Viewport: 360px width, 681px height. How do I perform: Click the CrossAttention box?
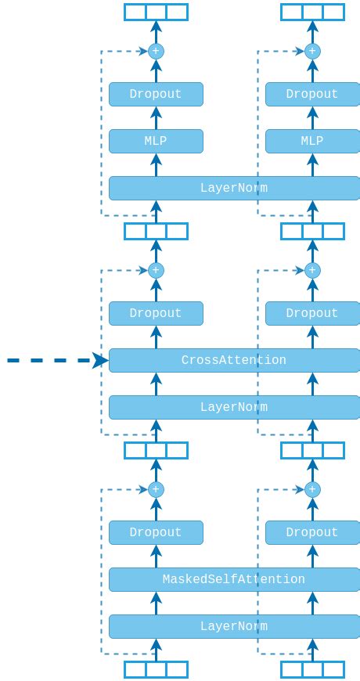pos(233,360)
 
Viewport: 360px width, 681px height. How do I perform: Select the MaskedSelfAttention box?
pos(233,579)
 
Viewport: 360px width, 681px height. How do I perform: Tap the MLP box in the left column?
pos(156,141)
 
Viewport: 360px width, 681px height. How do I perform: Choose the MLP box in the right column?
pos(312,141)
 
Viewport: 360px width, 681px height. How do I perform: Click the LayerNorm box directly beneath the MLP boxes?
pos(233,188)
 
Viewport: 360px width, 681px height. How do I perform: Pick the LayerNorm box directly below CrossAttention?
pos(233,407)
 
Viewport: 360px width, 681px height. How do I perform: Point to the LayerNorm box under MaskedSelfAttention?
pos(233,626)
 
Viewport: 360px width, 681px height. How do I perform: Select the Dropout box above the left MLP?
pos(156,94)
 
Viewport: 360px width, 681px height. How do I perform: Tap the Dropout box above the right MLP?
pos(312,94)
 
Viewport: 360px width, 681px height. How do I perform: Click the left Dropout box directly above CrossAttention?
pos(156,313)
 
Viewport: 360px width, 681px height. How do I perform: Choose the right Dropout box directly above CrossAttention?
pos(312,313)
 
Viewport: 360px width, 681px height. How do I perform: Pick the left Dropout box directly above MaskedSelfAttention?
pos(156,532)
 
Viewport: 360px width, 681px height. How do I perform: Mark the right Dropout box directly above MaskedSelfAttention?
pos(312,532)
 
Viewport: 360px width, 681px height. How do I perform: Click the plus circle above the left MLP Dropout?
pos(156,51)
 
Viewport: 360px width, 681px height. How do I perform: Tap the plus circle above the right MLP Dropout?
pos(312,51)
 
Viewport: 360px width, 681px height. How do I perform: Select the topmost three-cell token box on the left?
pos(156,12)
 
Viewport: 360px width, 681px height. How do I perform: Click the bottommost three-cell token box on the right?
pos(312,669)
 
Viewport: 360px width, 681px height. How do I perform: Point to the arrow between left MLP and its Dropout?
pos(156,118)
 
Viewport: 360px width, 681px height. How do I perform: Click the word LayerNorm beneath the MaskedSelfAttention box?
pos(233,626)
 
